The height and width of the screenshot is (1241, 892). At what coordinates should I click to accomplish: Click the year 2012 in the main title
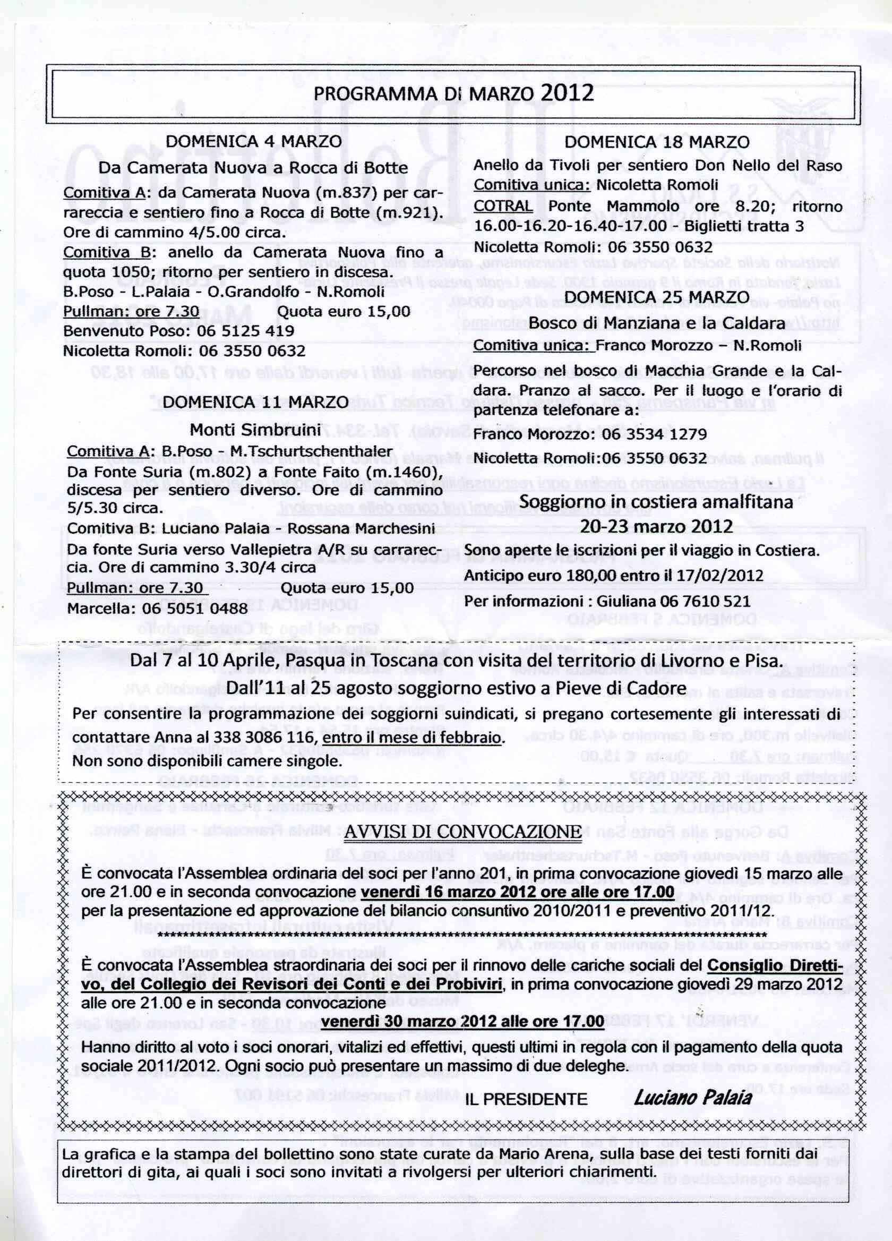[x=567, y=92]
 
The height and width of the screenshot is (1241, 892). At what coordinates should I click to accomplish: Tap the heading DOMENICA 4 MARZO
[x=253, y=141]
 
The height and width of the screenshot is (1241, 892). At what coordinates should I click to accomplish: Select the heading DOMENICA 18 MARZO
[x=657, y=141]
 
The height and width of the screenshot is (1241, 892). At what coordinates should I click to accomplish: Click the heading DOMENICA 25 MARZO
[x=657, y=296]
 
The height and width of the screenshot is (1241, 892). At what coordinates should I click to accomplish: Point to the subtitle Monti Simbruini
[x=255, y=430]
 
